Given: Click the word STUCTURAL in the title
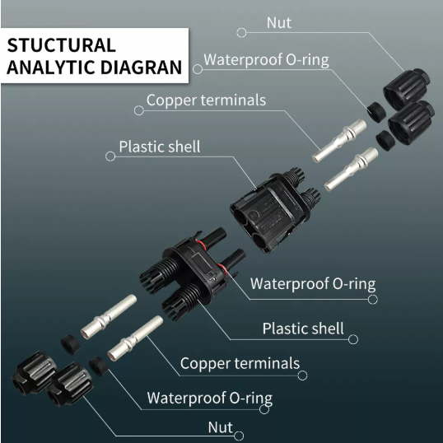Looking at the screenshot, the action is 61,45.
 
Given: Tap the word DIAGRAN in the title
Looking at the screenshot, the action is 141,68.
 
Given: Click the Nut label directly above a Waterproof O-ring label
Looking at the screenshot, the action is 279,22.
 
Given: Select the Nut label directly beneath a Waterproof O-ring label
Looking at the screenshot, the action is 221,427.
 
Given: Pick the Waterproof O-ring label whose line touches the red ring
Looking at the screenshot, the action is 313,283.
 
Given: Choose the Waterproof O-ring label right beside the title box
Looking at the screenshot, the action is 266,59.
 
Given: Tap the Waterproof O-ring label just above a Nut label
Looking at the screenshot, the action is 210,398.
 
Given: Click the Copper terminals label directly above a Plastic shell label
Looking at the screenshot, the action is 206,100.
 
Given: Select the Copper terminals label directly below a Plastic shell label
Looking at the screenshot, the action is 240,363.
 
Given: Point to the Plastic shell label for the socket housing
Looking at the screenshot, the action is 160,147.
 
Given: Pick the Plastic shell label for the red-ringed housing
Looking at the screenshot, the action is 303,329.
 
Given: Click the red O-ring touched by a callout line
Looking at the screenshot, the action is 222,268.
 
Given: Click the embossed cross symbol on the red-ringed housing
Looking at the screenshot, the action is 213,277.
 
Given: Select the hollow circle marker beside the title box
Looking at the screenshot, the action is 198,69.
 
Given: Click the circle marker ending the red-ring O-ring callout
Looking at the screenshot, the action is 373,300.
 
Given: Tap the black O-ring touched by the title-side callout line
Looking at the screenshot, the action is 376,112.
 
